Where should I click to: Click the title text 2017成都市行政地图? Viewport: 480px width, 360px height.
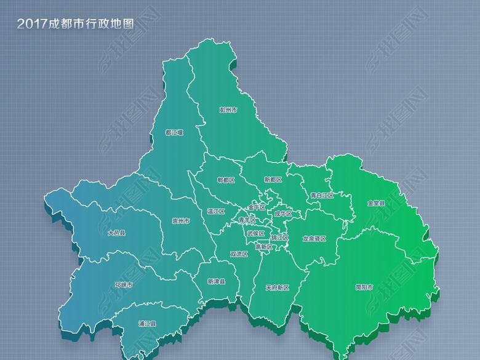[x=75, y=24]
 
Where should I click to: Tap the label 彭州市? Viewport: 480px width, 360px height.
[x=228, y=111]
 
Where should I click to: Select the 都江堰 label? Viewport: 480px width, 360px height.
[x=174, y=132]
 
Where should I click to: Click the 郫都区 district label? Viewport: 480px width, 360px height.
[x=226, y=180]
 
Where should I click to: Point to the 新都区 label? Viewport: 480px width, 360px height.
[x=272, y=180]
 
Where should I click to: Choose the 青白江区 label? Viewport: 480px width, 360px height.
[x=321, y=196]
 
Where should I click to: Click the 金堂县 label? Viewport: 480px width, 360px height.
[x=376, y=203]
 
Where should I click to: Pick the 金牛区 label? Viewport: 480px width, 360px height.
[x=257, y=207]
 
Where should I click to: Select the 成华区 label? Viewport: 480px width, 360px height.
[x=283, y=214]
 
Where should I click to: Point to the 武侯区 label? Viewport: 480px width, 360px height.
[x=255, y=234]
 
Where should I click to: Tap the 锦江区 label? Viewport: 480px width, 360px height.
[x=280, y=237]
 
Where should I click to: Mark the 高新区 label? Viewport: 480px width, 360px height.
[x=263, y=247]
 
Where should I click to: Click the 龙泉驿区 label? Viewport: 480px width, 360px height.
[x=314, y=238]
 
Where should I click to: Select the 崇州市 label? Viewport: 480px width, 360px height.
[x=181, y=221]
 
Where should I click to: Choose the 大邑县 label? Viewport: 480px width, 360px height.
[x=116, y=233]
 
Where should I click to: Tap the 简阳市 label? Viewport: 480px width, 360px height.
[x=364, y=287]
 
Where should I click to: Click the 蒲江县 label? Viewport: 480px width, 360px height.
[x=146, y=324]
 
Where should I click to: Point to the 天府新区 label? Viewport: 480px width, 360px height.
[x=277, y=287]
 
